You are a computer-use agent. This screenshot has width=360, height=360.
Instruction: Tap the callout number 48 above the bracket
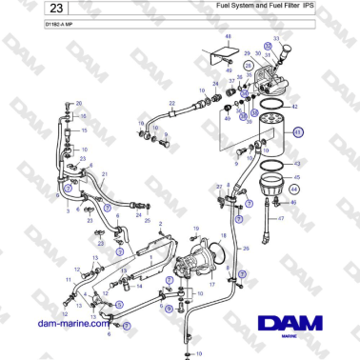[x=228, y=35]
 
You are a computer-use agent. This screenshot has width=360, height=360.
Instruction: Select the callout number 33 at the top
[x=276, y=41]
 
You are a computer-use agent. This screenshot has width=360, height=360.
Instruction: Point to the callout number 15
[x=84, y=130]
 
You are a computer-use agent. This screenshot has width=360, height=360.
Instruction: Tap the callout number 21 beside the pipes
[x=104, y=174]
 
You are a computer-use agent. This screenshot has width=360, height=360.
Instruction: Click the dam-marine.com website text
[x=72, y=324]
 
